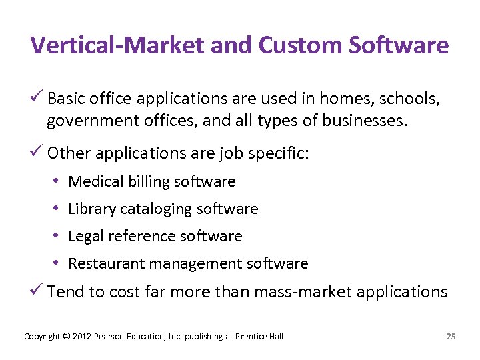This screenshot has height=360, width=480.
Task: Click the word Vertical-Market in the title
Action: pos(118,45)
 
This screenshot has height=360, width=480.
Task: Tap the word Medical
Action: pos(94,181)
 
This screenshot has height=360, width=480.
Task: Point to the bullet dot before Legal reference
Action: pos(58,236)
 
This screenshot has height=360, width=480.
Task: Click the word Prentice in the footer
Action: pos(251,336)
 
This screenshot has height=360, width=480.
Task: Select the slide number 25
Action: pos(451,336)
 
